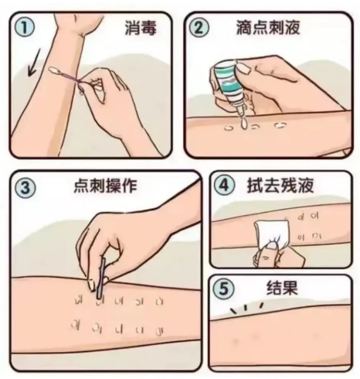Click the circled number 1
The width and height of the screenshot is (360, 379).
point(24,28)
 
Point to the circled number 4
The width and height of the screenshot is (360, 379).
point(226,185)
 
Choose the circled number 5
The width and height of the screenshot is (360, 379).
point(223,288)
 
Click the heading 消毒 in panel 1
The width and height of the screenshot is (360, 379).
point(141,27)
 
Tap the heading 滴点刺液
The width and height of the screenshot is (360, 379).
point(268,27)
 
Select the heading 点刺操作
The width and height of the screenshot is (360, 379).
point(105,186)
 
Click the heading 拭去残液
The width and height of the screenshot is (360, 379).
point(281,185)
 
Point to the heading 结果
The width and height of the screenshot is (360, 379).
point(282,288)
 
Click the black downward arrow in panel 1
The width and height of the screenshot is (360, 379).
point(34,63)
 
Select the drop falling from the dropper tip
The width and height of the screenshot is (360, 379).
point(243,124)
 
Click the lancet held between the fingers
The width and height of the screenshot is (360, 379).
point(101,279)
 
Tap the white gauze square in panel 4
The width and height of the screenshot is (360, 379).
point(272,234)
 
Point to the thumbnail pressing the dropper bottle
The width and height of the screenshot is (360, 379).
point(243,68)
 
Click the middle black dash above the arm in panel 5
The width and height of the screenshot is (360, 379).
point(246,307)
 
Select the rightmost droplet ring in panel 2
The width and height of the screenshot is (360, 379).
point(280,125)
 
